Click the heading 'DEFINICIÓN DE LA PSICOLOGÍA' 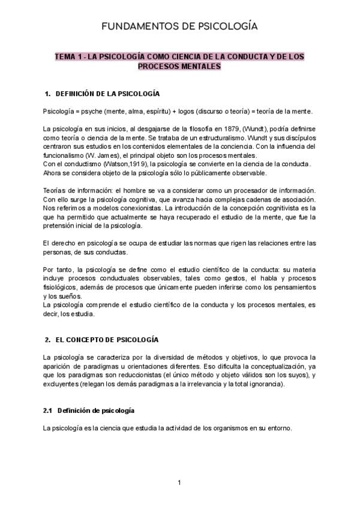coord(107,94)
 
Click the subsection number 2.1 coord(48,411)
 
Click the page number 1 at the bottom coord(179,483)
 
